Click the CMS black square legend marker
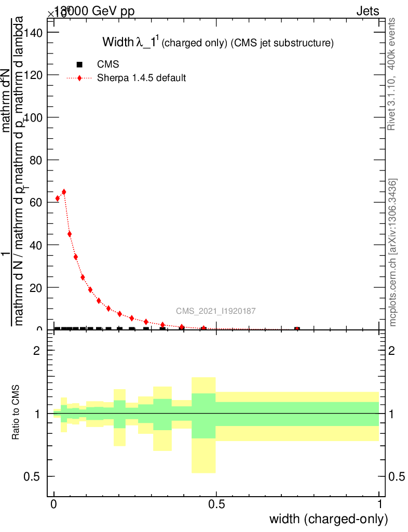tap(79, 65)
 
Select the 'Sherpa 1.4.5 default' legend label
tap(142, 78)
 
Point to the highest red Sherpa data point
tap(64, 192)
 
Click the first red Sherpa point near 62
tap(58, 198)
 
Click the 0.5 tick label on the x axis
tap(216, 505)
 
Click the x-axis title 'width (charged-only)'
tap(328, 519)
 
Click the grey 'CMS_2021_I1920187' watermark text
tap(215, 311)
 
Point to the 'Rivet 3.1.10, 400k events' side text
tap(392, 74)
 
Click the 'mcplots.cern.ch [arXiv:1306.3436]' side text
tap(393, 252)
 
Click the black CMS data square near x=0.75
tap(297, 329)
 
